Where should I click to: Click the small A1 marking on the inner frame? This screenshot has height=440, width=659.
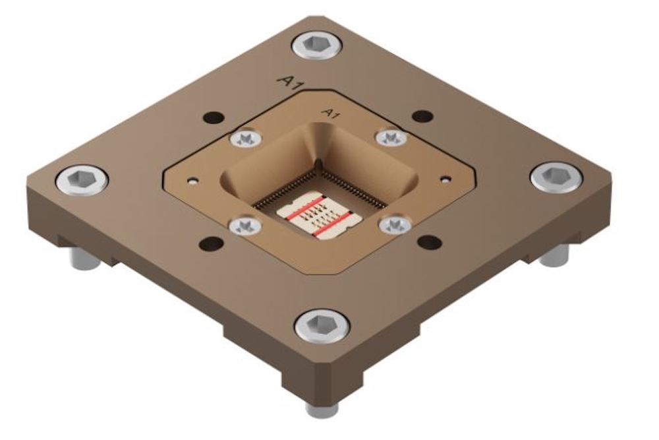pyautogui.click(x=329, y=113)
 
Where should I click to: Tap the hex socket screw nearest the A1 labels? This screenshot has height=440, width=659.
pyautogui.click(x=318, y=47)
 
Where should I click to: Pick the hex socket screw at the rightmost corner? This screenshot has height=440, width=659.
pyautogui.click(x=556, y=177)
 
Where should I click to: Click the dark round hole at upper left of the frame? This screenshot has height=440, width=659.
pyautogui.click(x=214, y=119)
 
